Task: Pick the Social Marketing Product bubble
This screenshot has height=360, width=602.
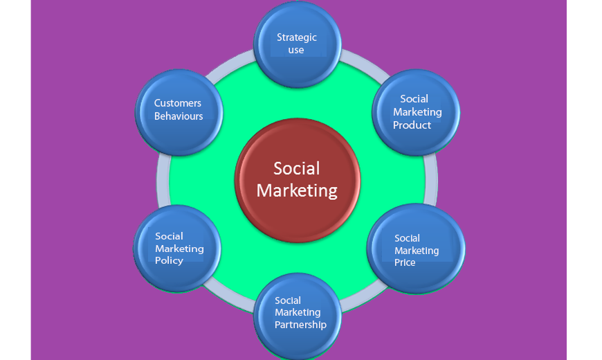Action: coord(416,112)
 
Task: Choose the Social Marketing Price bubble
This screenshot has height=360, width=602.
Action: coord(416,249)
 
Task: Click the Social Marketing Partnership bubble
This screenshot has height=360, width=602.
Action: coord(299,316)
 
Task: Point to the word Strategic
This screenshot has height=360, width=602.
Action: coord(297,37)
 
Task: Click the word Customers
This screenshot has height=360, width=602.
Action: coord(178,103)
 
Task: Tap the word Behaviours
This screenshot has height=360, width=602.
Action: coord(179,116)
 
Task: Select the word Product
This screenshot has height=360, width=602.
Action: coord(412,125)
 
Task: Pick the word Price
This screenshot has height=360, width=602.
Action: coord(405,263)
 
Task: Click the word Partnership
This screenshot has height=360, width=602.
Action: coord(300,324)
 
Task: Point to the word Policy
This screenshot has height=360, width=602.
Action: coord(169,261)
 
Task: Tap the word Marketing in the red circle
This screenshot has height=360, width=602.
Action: coord(297,190)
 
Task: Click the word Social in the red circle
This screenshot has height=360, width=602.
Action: coord(297,168)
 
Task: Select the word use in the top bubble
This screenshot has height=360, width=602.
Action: coord(296,51)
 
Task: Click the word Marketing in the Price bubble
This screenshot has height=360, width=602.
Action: coord(417,251)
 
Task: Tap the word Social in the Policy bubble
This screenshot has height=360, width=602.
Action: coord(169,236)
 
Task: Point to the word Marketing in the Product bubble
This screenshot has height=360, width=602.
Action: coord(417,112)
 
